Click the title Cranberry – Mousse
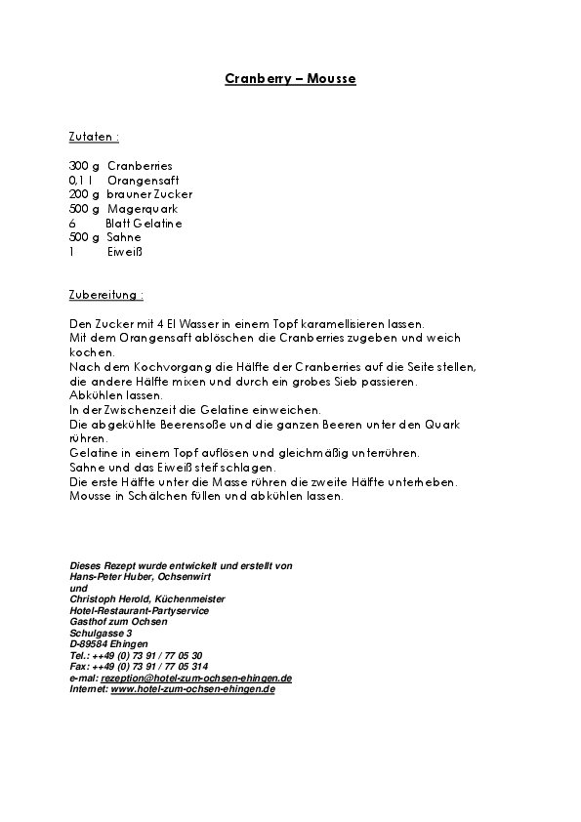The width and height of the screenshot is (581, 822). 290,79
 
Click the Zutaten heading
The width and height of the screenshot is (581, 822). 94,138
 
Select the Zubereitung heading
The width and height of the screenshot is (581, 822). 106,294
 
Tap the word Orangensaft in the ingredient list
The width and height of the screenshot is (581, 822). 143,181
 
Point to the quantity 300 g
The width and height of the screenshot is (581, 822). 85,166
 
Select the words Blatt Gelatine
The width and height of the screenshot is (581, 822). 144,224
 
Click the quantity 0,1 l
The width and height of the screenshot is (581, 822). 82,181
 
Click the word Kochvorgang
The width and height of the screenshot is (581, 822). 170,366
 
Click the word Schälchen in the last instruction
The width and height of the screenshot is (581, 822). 156,496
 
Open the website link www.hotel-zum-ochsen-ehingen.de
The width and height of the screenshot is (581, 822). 192,688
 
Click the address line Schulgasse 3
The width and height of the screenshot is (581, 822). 102,633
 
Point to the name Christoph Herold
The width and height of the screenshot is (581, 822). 109,598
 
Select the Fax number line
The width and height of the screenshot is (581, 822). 139,666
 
